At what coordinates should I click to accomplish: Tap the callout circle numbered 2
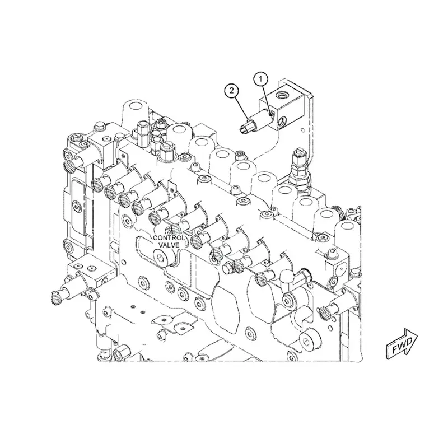tap(232, 91)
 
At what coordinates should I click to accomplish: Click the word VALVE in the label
tap(169, 245)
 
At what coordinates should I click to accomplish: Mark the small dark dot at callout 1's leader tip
tap(270, 115)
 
